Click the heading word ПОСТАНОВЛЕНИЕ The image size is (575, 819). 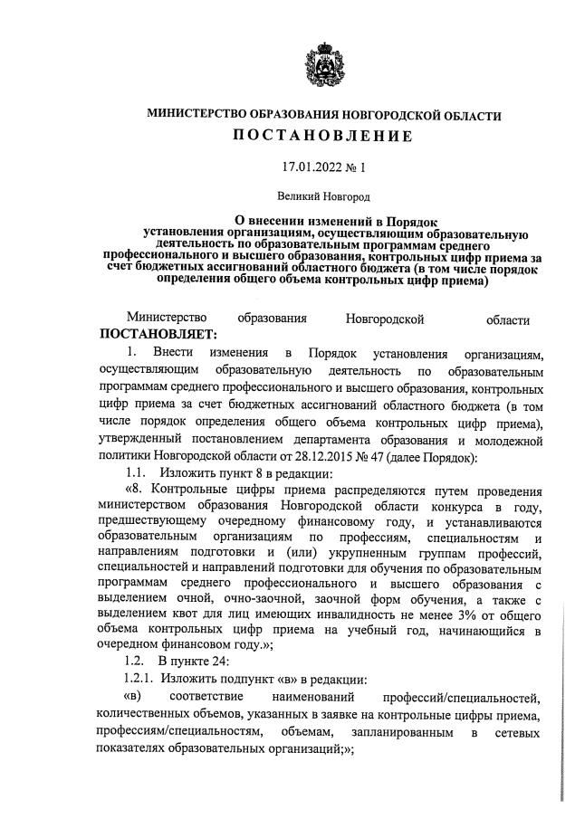323,138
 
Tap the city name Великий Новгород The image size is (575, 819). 323,194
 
